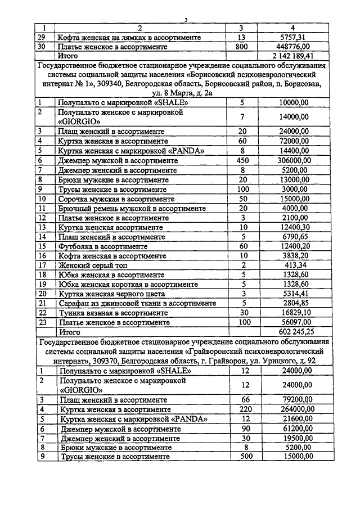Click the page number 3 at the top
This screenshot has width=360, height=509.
[185, 20]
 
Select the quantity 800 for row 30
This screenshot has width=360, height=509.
[240, 47]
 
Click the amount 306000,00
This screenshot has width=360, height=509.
[294, 160]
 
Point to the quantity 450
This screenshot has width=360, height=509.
[240, 160]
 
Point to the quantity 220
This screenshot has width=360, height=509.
[242, 409]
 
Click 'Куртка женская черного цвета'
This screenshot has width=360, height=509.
[111, 294]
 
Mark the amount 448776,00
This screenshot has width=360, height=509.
[294, 47]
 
